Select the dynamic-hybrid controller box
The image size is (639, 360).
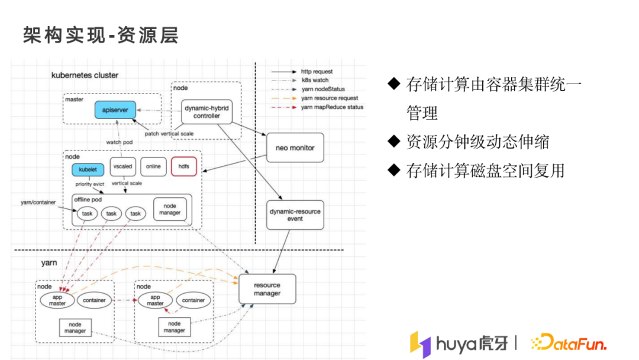[206, 111]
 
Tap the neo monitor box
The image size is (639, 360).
[295, 147]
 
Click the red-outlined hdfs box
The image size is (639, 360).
[183, 166]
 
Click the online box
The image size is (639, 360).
[153, 166]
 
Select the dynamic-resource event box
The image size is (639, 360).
[295, 214]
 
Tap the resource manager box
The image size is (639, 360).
[267, 289]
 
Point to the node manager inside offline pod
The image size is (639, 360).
[170, 209]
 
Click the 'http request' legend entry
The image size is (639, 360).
[317, 71]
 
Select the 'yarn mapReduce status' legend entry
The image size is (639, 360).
[332, 107]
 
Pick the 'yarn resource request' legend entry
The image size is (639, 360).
[329, 98]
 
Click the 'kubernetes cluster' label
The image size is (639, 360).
[85, 75]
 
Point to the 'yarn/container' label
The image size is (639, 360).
[38, 202]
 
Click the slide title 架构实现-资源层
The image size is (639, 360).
[101, 35]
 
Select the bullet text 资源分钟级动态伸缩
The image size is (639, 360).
[477, 142]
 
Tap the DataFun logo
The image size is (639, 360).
[569, 343]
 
